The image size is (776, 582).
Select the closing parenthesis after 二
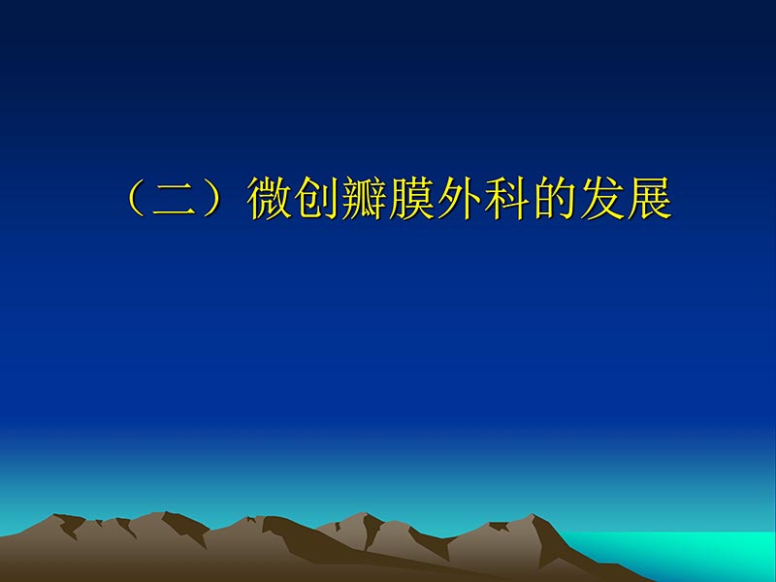(215, 199)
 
